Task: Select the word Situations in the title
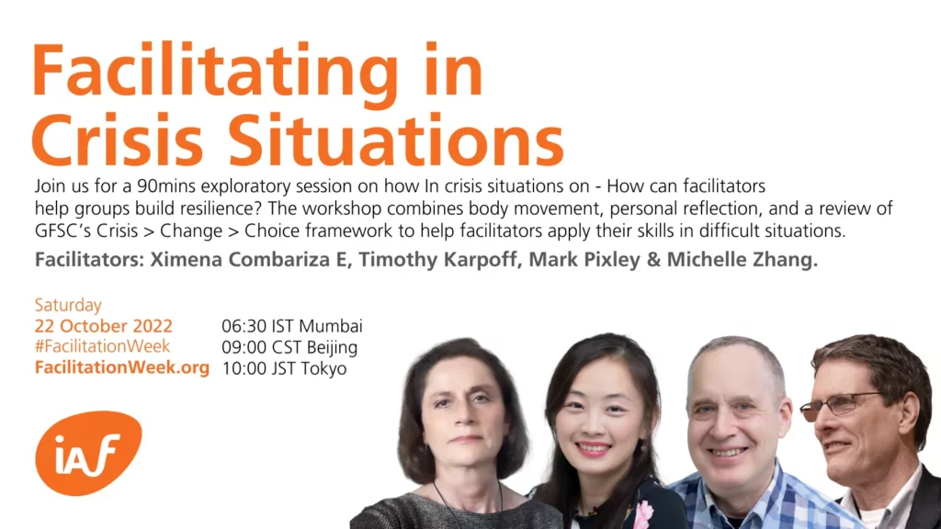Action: pos(397,140)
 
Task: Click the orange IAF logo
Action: pos(89,453)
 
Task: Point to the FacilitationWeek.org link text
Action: pos(122,367)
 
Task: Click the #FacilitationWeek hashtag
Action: pos(103,346)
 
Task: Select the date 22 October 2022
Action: pos(103,326)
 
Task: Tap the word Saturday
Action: pos(68,305)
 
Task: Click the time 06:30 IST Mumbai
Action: pos(292,326)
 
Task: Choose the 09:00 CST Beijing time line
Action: pos(289,346)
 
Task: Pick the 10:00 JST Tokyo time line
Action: pos(285,367)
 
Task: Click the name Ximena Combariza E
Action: pos(250,260)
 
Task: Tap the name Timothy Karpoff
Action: pos(438,260)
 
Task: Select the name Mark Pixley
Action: pos(584,260)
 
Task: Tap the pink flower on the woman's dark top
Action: pos(643,513)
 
